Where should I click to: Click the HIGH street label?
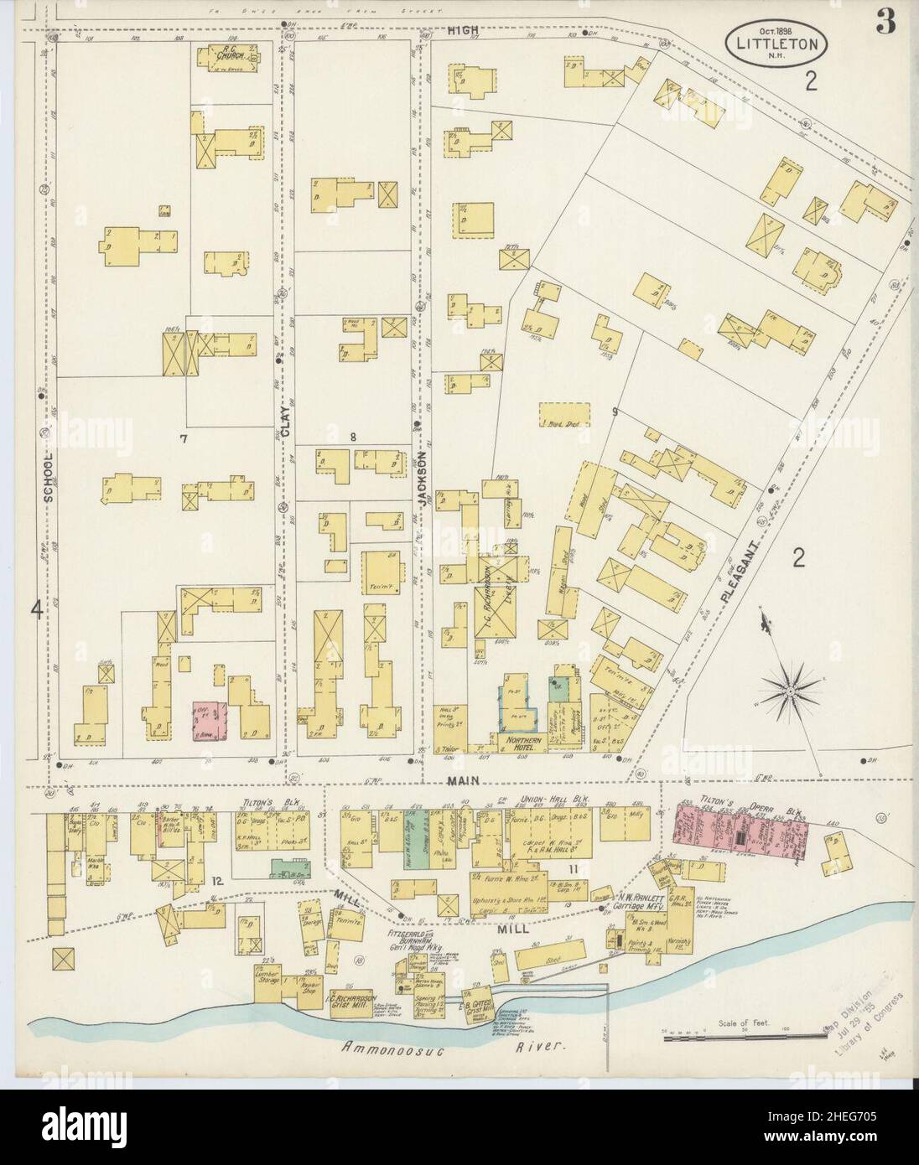[461, 30]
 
